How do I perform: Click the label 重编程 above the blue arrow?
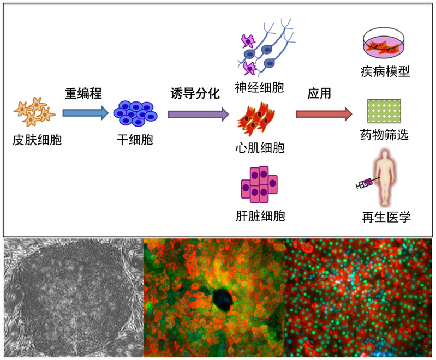click(x=83, y=93)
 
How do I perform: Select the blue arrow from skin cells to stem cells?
click(x=85, y=113)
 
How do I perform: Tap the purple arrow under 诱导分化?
click(x=198, y=114)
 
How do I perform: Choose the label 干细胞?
click(x=135, y=140)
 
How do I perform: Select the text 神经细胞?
click(x=259, y=87)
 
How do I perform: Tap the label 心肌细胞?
click(x=259, y=148)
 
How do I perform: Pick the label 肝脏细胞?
click(x=259, y=216)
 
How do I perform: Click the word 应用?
click(x=319, y=93)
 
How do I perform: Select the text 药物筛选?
click(x=385, y=134)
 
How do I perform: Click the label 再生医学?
click(x=386, y=218)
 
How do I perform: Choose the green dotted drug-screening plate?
click(x=384, y=110)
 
